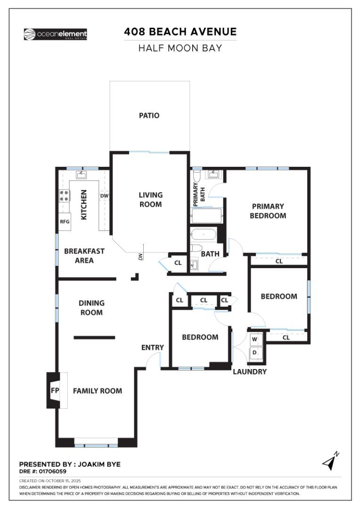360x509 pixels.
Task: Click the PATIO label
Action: click(x=149, y=115)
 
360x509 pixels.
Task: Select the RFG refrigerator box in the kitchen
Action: click(x=65, y=222)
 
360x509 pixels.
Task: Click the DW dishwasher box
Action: click(x=104, y=196)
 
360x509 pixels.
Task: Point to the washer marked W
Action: click(x=254, y=339)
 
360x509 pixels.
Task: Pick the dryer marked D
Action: click(x=254, y=352)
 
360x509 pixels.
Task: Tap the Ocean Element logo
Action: click(x=55, y=34)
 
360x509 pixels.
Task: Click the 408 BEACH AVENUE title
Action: click(x=180, y=32)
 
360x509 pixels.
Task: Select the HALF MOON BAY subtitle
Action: click(x=180, y=48)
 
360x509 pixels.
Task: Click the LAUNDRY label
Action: click(x=250, y=372)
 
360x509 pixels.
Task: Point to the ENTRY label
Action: click(x=153, y=348)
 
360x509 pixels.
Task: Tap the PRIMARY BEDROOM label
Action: click(x=268, y=211)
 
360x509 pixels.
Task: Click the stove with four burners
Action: click(x=64, y=196)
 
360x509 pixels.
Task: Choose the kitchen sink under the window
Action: click(x=81, y=175)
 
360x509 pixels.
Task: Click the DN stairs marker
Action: click(x=140, y=257)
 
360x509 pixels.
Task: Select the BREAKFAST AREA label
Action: click(x=84, y=256)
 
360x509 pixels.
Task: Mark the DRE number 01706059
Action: click(x=42, y=471)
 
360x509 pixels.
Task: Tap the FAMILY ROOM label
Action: click(x=97, y=391)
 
